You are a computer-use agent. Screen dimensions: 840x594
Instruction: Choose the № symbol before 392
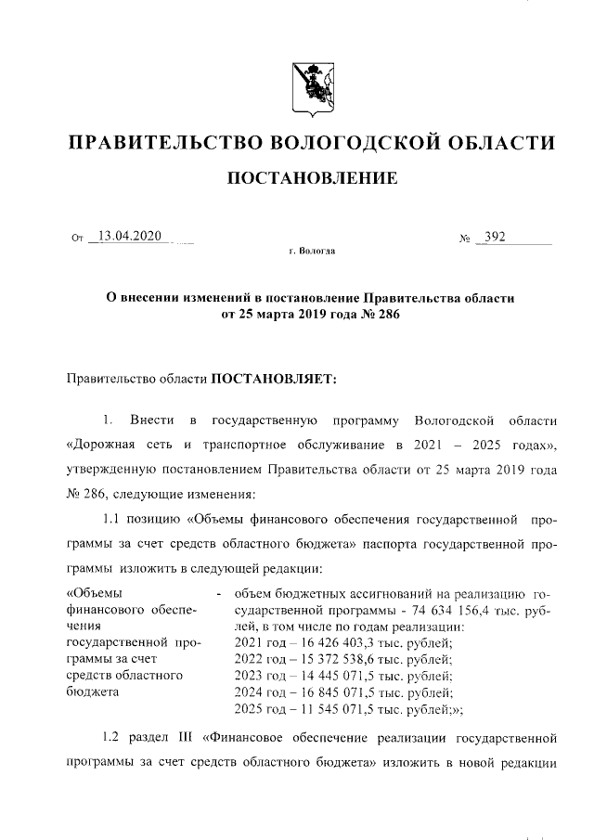464,239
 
